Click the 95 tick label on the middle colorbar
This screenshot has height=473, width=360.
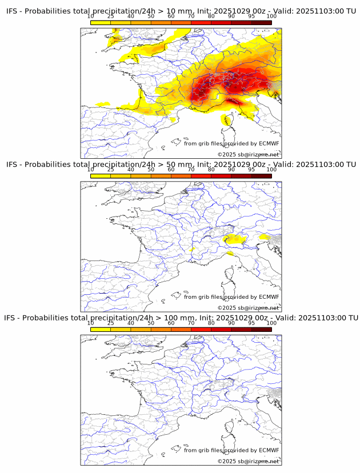point(251,170)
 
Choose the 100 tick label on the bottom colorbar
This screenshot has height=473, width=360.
point(271,323)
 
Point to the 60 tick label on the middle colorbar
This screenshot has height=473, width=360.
point(171,170)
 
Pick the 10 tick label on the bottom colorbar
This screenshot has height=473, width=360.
point(91,323)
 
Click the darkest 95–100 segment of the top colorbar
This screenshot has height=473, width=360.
point(261,22)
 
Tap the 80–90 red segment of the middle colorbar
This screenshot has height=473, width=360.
point(221,176)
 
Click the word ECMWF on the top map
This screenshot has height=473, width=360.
point(269,143)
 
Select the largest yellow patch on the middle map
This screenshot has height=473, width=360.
point(234,239)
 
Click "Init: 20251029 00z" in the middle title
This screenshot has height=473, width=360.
point(229,165)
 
